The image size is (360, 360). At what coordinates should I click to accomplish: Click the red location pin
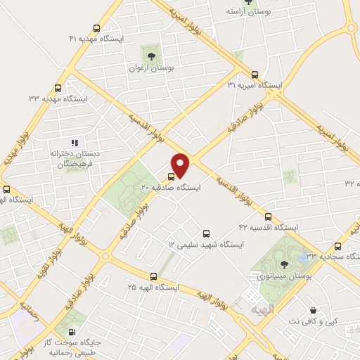181,165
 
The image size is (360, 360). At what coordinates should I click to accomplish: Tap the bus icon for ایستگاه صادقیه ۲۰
172,176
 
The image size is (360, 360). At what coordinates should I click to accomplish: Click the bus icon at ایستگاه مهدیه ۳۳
58,88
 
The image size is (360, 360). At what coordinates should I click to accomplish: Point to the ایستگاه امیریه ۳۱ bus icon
254,75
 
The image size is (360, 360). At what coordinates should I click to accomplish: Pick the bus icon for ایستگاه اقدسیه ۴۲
268,216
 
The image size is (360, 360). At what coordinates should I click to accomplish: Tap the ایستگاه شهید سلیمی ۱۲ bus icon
206,233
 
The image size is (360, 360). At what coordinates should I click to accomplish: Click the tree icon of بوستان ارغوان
150,56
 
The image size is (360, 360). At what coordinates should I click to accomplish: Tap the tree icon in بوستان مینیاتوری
283,265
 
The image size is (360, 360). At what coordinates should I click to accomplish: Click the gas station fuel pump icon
72,331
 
